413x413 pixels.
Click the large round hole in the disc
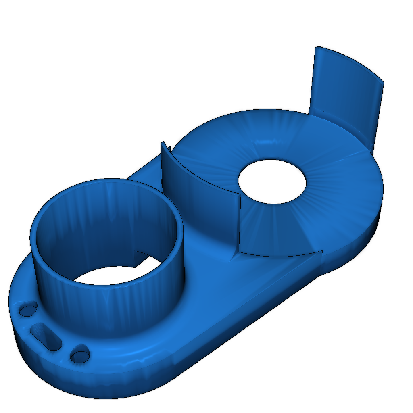[x=272, y=181]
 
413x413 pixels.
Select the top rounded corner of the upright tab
[x=319, y=48]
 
